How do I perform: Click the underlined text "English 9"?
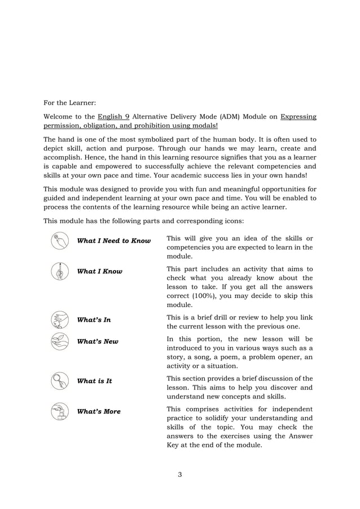point(112,117)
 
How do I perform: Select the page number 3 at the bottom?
point(179,473)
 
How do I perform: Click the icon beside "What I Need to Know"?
point(59,241)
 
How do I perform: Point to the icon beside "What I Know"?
point(59,271)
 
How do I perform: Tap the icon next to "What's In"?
point(59,320)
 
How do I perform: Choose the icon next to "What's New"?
point(59,341)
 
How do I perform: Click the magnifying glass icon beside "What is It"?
point(59,381)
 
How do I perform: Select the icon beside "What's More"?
point(59,411)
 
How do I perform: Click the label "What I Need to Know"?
point(113,241)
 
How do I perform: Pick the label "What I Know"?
point(99,271)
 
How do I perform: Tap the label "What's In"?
point(94,320)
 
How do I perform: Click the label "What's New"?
point(98,341)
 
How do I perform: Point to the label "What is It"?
point(94,381)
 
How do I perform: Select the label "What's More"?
point(99,411)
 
